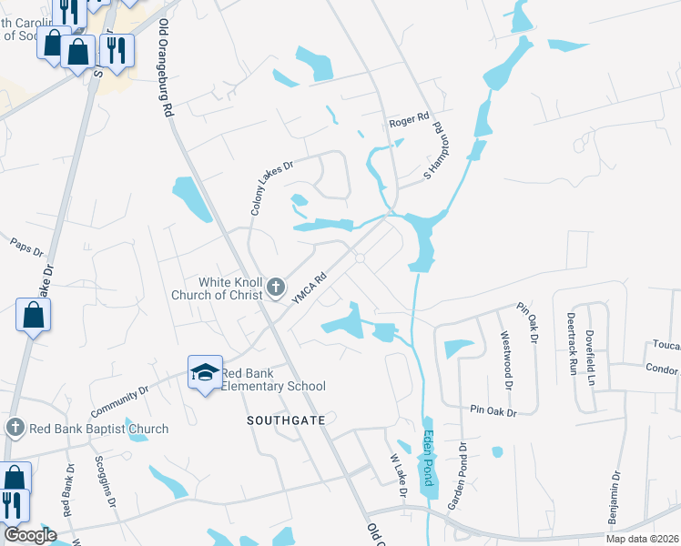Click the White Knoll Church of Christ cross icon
pos(277,289)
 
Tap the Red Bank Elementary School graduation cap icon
pos(205,370)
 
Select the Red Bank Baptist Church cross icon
pos(15,428)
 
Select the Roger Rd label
pos(408,119)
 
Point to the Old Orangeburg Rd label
pos(166,68)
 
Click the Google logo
pos(30,535)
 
